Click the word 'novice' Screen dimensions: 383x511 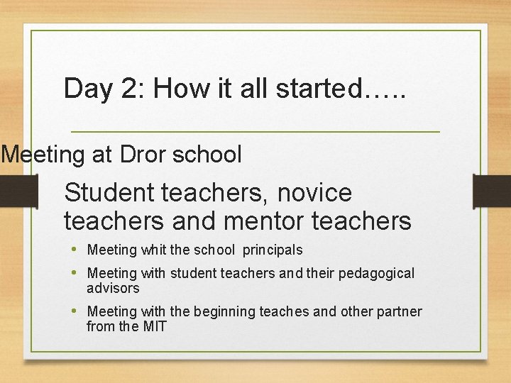pos(314,192)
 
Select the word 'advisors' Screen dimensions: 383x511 pos(113,288)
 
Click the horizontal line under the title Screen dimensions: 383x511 pos(255,132)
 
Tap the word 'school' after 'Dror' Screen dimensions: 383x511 pos(209,154)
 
